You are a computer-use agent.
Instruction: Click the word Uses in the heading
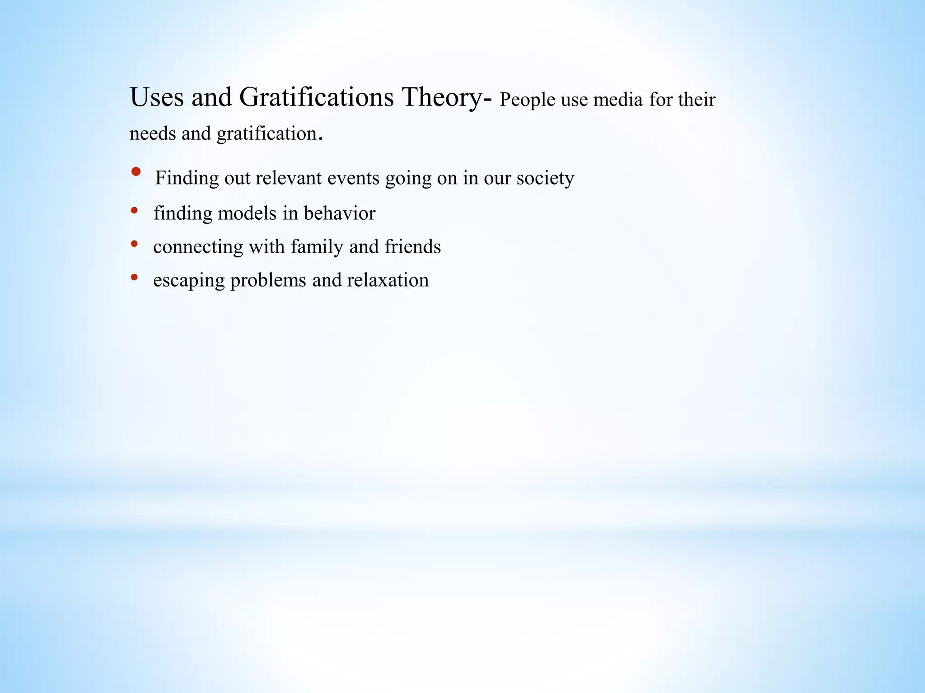[x=157, y=97]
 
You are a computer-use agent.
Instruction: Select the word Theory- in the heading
[x=447, y=97]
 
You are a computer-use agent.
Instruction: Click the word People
[x=527, y=100]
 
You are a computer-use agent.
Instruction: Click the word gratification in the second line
[x=267, y=134]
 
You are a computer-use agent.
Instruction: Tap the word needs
[x=153, y=134]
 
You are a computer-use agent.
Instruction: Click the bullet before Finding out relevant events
[x=135, y=172]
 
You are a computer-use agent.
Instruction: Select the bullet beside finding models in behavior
[x=134, y=210]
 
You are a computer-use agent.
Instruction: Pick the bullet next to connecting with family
[x=134, y=244]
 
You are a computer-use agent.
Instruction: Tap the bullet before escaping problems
[x=134, y=277]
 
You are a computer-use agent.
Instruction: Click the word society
[x=545, y=178]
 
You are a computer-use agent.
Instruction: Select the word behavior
[x=339, y=213]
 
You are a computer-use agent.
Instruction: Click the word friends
[x=412, y=247]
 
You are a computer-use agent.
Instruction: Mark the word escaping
[x=189, y=281]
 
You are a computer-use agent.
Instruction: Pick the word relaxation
[x=388, y=280]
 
